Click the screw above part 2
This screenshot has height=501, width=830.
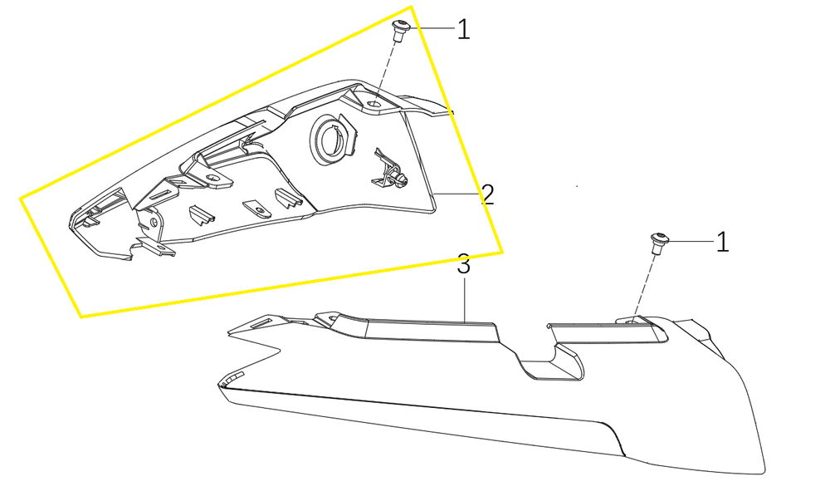point(400,31)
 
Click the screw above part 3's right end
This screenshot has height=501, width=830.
point(658,243)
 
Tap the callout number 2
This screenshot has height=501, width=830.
point(487,195)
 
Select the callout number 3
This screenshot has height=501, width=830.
point(464,264)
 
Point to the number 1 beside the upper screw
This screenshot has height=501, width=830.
point(464,29)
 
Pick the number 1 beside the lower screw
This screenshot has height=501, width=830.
point(723,242)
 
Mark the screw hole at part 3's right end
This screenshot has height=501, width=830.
point(632,321)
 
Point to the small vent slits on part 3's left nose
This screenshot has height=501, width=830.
point(233,378)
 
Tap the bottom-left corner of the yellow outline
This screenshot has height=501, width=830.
point(81,317)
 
